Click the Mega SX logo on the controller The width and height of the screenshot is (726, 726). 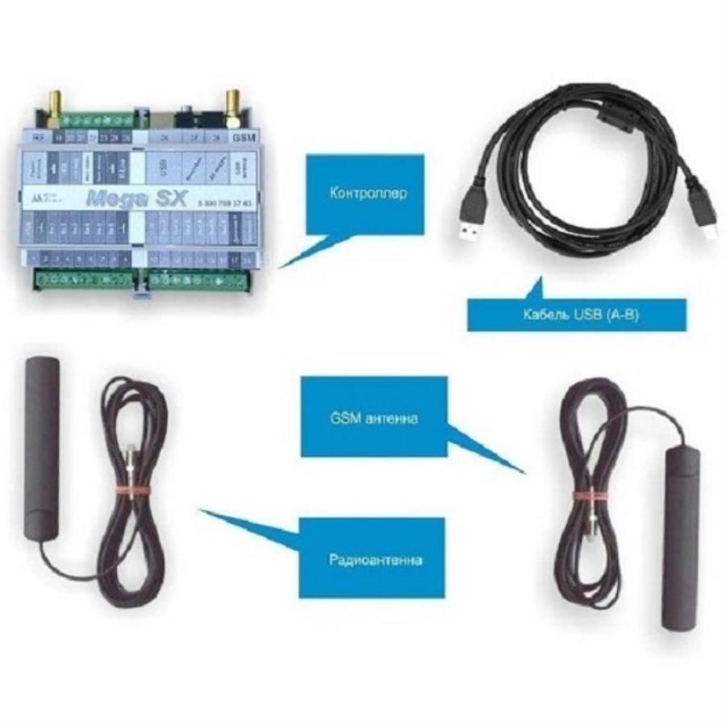[x=124, y=195]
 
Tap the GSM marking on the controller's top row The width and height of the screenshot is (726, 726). [x=241, y=138]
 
